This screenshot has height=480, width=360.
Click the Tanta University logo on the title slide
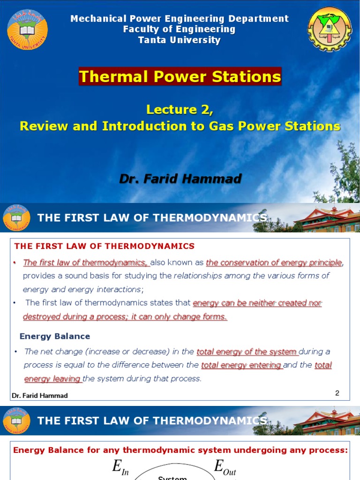[27, 30]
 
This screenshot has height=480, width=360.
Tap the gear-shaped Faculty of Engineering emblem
[330, 30]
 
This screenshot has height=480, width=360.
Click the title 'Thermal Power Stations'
[180, 76]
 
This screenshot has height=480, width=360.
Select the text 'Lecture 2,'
[180, 110]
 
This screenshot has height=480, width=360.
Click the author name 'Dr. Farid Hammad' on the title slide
[180, 179]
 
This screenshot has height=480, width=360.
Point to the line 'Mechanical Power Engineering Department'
[180, 19]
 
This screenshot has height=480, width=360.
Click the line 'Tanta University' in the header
[180, 40]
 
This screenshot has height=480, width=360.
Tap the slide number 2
[337, 393]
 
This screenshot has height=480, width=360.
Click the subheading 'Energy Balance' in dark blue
[55, 336]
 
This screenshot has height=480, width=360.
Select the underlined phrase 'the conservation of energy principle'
[274, 262]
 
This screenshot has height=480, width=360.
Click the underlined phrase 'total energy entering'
[241, 365]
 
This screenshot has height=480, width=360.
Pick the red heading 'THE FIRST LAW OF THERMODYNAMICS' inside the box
[105, 246]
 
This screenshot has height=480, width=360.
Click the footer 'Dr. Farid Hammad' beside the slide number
[40, 396]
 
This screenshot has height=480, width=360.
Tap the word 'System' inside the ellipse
[172, 478]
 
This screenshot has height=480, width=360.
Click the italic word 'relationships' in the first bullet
[198, 276]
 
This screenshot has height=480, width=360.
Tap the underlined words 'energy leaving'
[52, 379]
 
